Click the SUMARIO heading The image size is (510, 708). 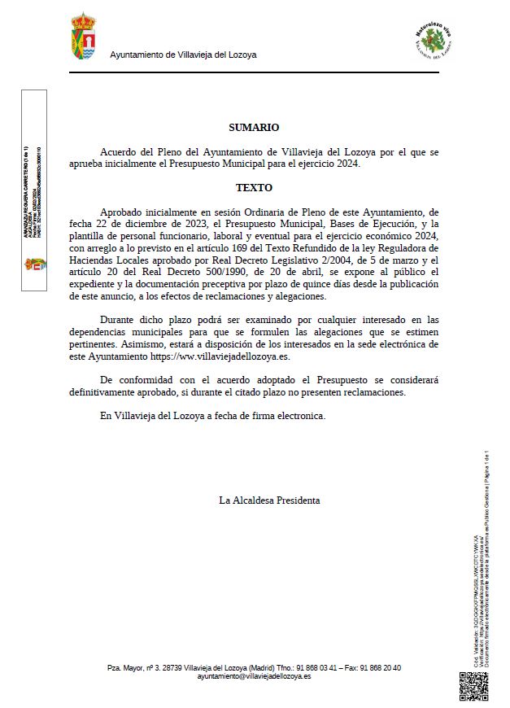click(254, 128)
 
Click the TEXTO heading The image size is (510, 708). click(254, 187)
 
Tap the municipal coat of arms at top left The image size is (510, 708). click(84, 37)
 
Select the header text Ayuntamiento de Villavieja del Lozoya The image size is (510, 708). click(183, 55)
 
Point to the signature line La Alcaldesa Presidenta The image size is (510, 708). click(269, 500)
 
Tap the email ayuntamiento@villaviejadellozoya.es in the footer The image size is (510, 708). click(254, 676)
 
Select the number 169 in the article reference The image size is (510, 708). click(268, 248)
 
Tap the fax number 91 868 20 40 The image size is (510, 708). click(381, 668)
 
